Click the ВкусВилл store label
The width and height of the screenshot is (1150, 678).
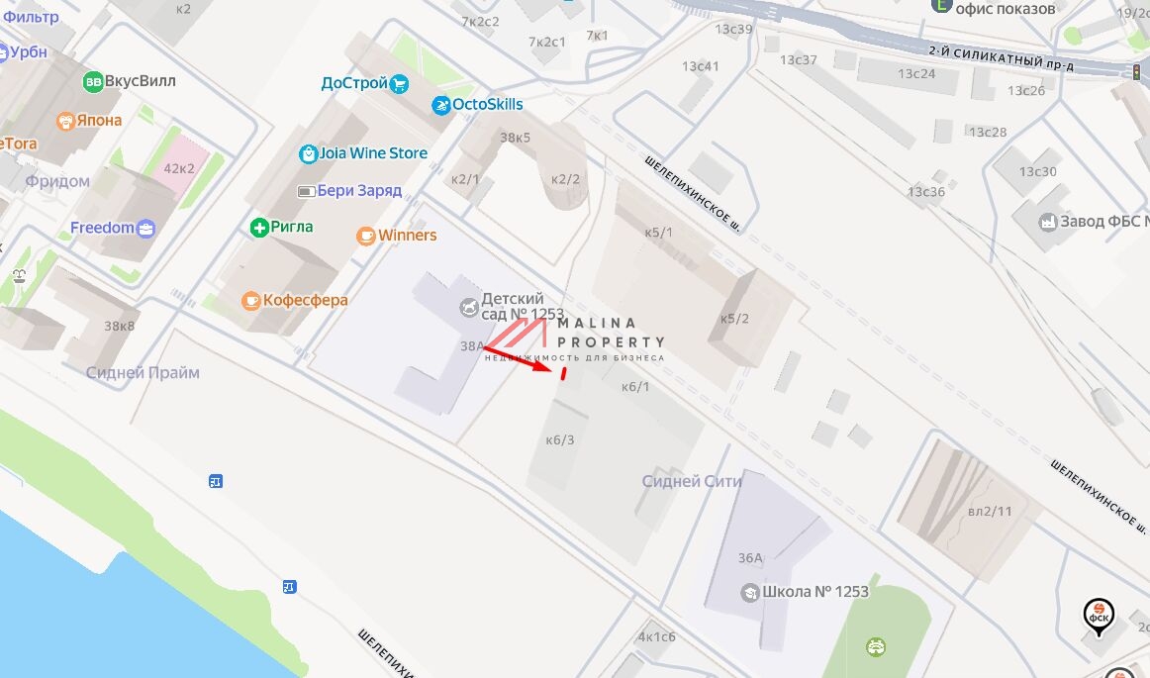pos(140,81)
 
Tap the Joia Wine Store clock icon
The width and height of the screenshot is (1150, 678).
pos(308,153)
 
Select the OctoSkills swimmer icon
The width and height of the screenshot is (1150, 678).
pos(440,105)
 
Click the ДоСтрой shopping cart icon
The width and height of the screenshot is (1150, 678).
pos(400,83)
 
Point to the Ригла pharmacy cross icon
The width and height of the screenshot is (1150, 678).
pos(259,228)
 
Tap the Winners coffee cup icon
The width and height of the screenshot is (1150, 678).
pos(366,236)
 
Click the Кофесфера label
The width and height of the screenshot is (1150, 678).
pos(305,300)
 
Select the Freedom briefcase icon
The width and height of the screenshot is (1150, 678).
pos(146,229)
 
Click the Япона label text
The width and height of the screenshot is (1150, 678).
pos(102,120)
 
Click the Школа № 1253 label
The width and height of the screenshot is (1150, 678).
pos(815,592)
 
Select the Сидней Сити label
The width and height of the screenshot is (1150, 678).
pos(692,481)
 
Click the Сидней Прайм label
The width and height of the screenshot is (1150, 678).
pos(143,373)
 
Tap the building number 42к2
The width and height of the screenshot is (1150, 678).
pos(179,168)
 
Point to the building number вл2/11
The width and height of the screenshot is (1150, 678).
pos(989,511)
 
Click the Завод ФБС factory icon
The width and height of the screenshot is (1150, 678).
pos(1048,222)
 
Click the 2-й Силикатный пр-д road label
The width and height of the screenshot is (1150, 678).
pos(1001,57)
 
